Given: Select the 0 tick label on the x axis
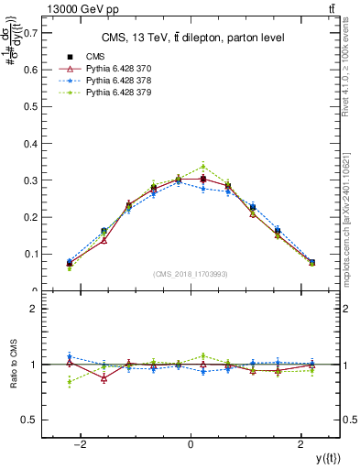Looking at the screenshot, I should coord(191,445).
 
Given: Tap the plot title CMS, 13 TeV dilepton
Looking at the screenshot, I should coord(191,38).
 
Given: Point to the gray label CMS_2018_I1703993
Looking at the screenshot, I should coord(191,274).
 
